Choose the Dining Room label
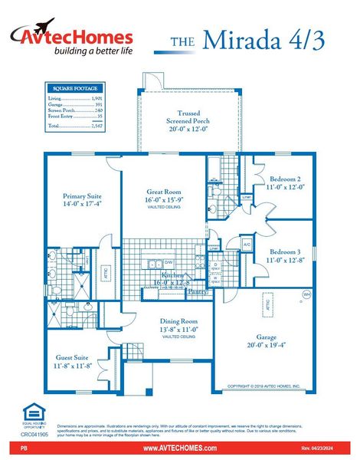[178, 326]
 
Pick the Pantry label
[197, 291]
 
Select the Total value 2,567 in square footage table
[96, 125]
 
